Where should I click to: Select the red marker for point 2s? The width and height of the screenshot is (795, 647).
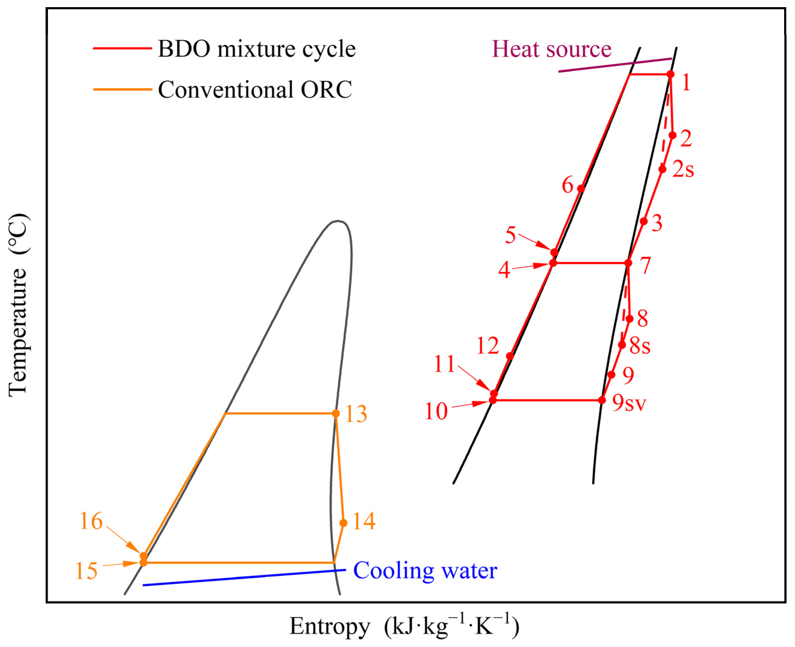(x=662, y=169)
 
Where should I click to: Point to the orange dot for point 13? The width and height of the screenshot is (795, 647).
(x=336, y=413)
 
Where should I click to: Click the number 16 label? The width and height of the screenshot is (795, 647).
(x=91, y=521)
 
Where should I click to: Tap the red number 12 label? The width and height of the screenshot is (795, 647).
(x=487, y=346)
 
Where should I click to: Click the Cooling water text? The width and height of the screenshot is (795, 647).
(x=425, y=570)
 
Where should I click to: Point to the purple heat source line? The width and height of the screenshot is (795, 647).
(x=615, y=65)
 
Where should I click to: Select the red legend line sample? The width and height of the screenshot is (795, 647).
(x=122, y=48)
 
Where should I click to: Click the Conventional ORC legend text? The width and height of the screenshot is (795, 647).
(x=255, y=90)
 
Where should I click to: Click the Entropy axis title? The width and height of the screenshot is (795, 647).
(x=404, y=626)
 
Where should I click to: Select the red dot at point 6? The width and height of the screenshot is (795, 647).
(x=581, y=188)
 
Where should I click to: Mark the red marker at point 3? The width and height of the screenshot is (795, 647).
(x=644, y=221)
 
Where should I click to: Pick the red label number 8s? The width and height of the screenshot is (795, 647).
(x=640, y=346)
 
